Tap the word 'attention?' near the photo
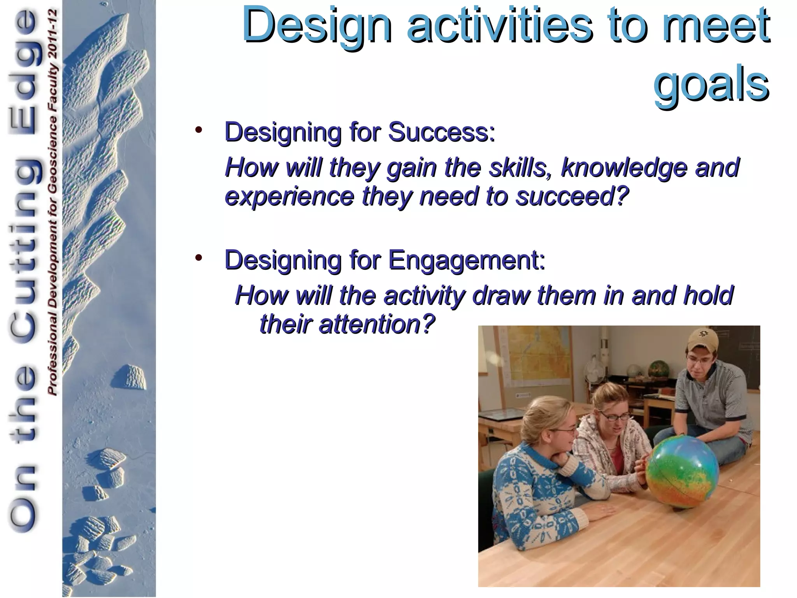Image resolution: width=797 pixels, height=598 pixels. pyautogui.click(x=376, y=324)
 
